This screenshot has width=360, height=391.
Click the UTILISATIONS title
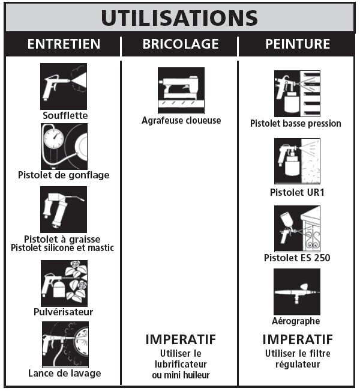(x=179, y=18)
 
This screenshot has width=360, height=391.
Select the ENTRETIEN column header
(x=64, y=44)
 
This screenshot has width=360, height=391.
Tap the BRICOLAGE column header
(x=181, y=44)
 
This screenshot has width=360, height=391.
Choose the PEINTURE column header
(x=298, y=44)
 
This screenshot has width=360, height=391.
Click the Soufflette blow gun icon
(x=64, y=86)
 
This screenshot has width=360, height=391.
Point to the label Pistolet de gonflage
(x=64, y=175)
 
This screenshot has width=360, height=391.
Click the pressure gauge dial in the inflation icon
(x=53, y=139)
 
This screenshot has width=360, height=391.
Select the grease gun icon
(x=64, y=210)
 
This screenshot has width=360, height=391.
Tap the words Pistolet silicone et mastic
(x=62, y=248)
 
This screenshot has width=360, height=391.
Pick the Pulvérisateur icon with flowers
(x=64, y=283)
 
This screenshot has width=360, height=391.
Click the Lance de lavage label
(x=65, y=374)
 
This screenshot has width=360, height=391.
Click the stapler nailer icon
(x=181, y=91)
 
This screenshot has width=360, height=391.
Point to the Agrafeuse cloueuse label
(x=181, y=121)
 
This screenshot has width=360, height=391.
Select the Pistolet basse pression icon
(x=297, y=94)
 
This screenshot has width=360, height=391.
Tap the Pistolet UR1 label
(x=297, y=193)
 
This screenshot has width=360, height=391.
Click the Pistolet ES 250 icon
(x=297, y=228)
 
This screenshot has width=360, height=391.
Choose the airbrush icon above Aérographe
(x=297, y=292)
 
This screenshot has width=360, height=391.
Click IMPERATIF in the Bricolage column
(x=181, y=339)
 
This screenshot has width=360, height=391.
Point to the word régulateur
(x=298, y=365)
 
